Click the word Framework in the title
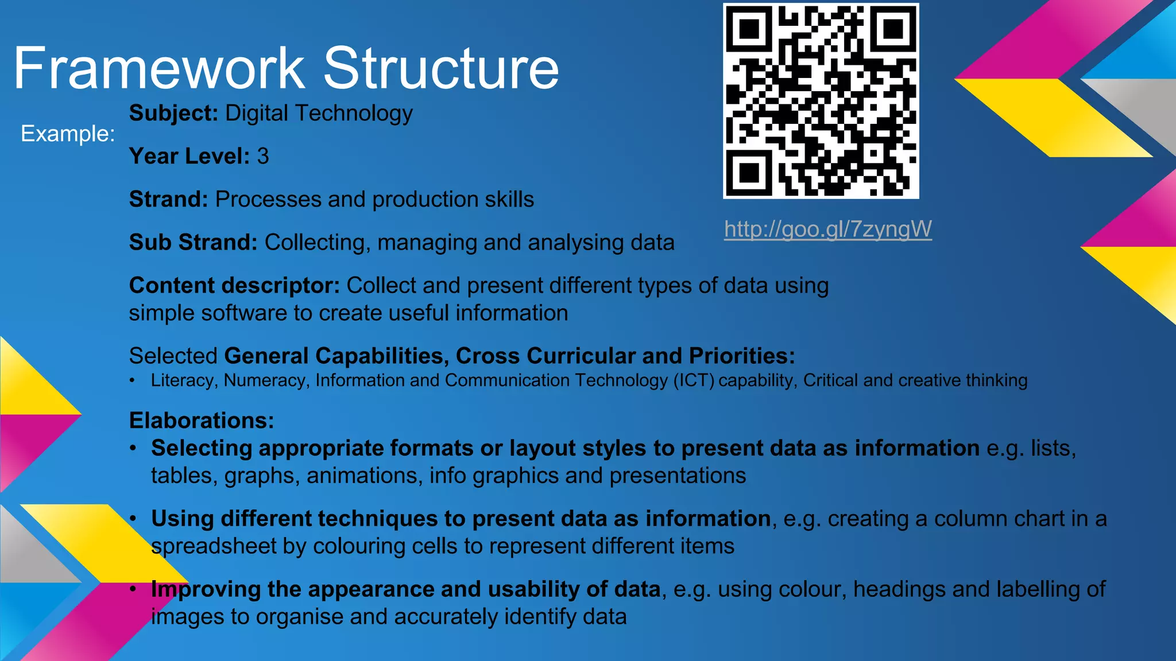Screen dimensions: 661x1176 point(158,68)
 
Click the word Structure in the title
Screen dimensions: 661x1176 point(441,68)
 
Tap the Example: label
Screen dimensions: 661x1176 point(68,134)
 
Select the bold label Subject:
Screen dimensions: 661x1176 point(173,113)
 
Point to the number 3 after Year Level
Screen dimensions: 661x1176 point(262,156)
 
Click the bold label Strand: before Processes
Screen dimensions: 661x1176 point(168,199)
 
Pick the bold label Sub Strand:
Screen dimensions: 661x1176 point(193,242)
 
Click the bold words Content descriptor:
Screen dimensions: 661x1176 point(234,285)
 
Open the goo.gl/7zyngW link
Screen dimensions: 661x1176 point(827,229)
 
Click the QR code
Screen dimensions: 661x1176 point(821,101)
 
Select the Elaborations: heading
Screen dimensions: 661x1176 point(202,421)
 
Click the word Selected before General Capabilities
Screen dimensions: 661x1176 point(173,356)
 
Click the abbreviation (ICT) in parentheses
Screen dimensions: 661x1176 point(694,380)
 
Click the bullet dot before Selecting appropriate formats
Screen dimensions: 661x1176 point(133,448)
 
